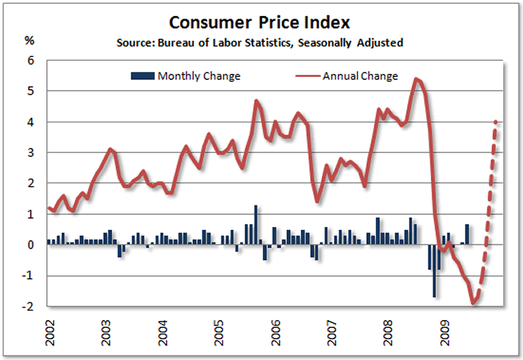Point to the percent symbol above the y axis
tap(29, 40)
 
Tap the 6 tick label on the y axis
tap(32, 61)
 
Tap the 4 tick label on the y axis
tap(32, 122)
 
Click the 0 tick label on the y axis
tap(32, 245)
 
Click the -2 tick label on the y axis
tap(29, 307)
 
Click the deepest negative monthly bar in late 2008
tap(435, 271)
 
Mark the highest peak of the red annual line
tap(416, 78)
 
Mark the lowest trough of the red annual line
tap(474, 303)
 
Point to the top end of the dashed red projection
tap(496, 122)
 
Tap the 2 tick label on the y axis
tap(32, 184)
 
